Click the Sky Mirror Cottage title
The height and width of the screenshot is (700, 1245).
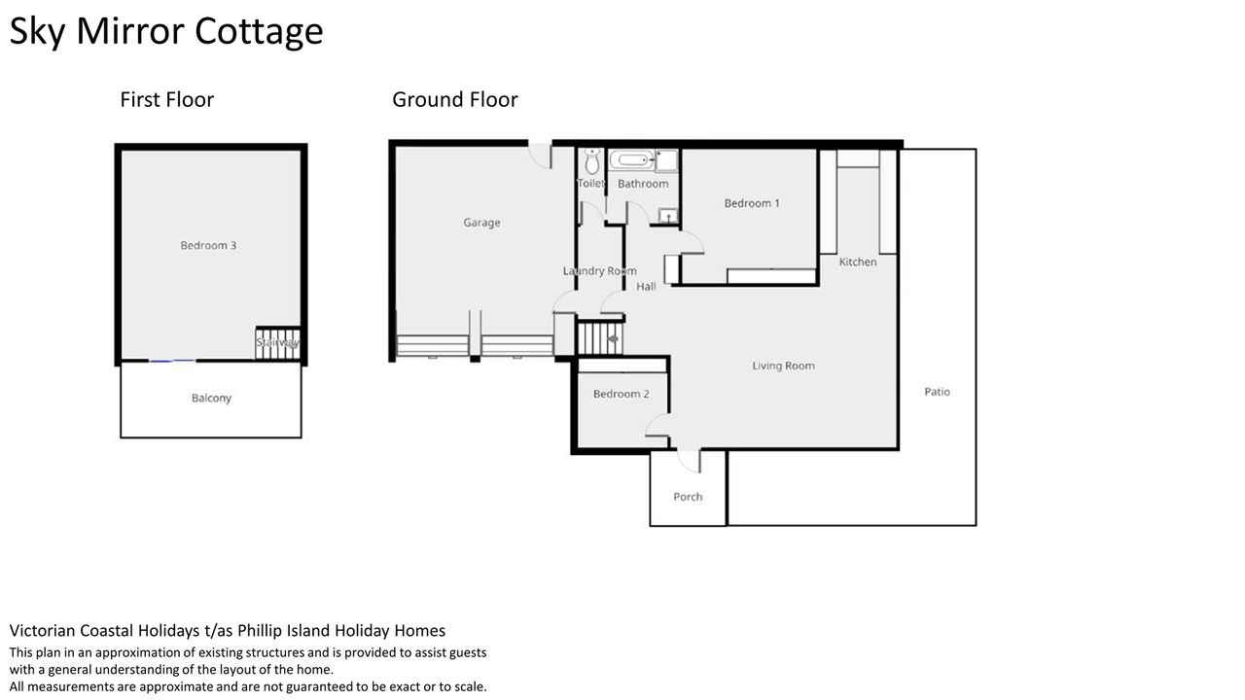point(166,32)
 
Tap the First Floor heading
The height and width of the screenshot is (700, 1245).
point(166,100)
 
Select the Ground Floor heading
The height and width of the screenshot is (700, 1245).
point(454,100)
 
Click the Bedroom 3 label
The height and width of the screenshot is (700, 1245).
point(208,245)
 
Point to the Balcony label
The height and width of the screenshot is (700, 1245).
point(211,398)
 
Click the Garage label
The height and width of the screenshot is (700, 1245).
point(481,223)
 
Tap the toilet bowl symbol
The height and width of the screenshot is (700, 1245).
point(592,160)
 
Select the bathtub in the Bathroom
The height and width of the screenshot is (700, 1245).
point(632,160)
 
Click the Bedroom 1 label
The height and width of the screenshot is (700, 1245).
point(752,203)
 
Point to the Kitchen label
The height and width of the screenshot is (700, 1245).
point(858,262)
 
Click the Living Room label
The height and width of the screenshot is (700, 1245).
point(783,366)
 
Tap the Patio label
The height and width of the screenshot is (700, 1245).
point(937,392)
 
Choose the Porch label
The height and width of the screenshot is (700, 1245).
point(688,497)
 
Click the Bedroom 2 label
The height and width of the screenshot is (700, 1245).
point(621,394)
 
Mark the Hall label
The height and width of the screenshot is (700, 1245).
point(646,287)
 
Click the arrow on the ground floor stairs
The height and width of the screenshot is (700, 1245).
point(614,338)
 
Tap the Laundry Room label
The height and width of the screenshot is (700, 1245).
point(600,271)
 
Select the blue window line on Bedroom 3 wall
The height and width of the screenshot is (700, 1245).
point(172,361)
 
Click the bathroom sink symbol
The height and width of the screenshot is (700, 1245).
point(668,215)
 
